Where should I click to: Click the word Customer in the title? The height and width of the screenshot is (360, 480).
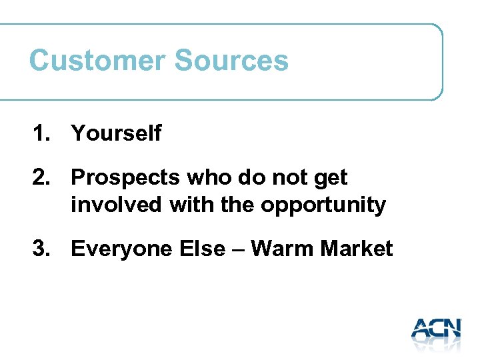[97, 61]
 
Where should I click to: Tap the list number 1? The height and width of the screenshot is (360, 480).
[40, 133]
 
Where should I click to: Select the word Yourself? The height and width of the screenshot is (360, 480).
[116, 133]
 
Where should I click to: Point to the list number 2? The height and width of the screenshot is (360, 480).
[40, 178]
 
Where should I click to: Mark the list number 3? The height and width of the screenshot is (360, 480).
[40, 249]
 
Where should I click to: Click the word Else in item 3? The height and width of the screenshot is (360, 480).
[199, 249]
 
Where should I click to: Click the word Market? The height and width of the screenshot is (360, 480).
[357, 249]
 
